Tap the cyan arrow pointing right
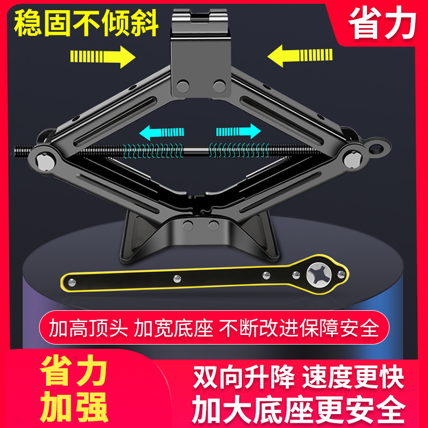coord(238,132)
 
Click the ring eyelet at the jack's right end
coord(380,146)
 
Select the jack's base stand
coord(197,235)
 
